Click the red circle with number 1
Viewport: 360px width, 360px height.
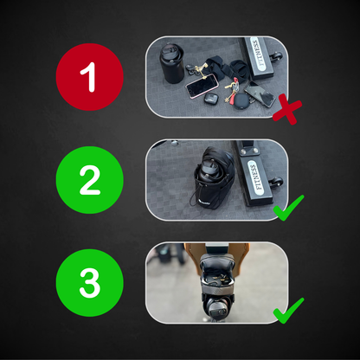(90, 77)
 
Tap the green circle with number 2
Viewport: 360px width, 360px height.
(90, 180)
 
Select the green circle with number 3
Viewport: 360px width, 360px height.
(90, 283)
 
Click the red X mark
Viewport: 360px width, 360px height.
(287, 109)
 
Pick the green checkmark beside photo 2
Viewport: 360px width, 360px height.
(288, 208)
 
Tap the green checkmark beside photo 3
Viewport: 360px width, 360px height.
(288, 311)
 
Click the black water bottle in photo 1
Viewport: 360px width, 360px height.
(172, 63)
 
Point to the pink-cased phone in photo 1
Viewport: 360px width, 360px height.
(202, 86)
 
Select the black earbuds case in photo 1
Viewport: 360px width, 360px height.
(211, 99)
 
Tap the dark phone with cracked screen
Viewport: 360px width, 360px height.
(260, 94)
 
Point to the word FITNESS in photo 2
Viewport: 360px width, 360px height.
(255, 177)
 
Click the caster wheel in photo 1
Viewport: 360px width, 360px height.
(277, 55)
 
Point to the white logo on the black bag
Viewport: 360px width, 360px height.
(205, 203)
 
